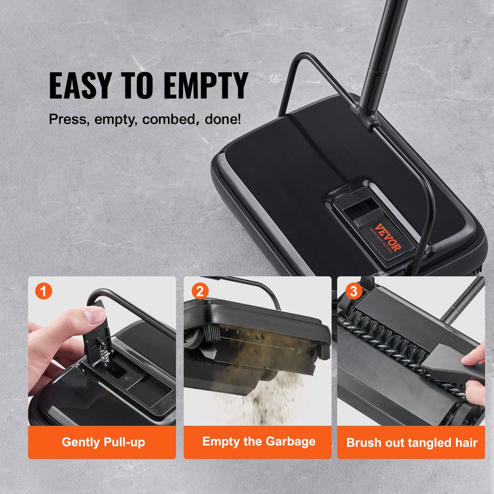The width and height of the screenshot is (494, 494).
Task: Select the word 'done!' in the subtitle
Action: [x=223, y=119]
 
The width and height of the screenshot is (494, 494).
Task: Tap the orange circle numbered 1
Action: [x=44, y=292]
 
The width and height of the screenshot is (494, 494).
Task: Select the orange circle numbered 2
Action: [x=200, y=292]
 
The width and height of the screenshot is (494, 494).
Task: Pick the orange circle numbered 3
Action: [x=353, y=292]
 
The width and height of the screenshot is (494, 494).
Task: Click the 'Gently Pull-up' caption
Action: [x=103, y=442]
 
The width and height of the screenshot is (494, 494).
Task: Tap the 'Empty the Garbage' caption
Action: [x=258, y=441]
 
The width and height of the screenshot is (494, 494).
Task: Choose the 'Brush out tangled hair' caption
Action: [x=412, y=443]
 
